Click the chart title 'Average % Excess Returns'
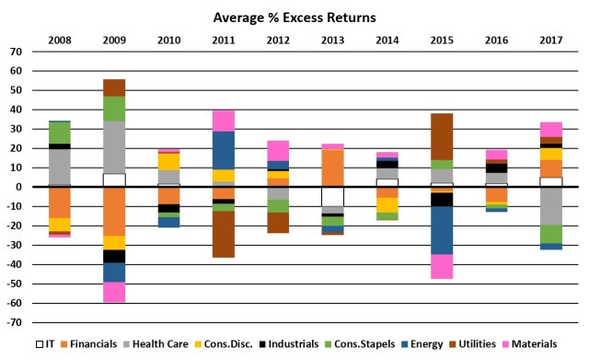[x=294, y=17]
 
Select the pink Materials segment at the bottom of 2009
[x=114, y=292]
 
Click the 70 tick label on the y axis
[x=16, y=52]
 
